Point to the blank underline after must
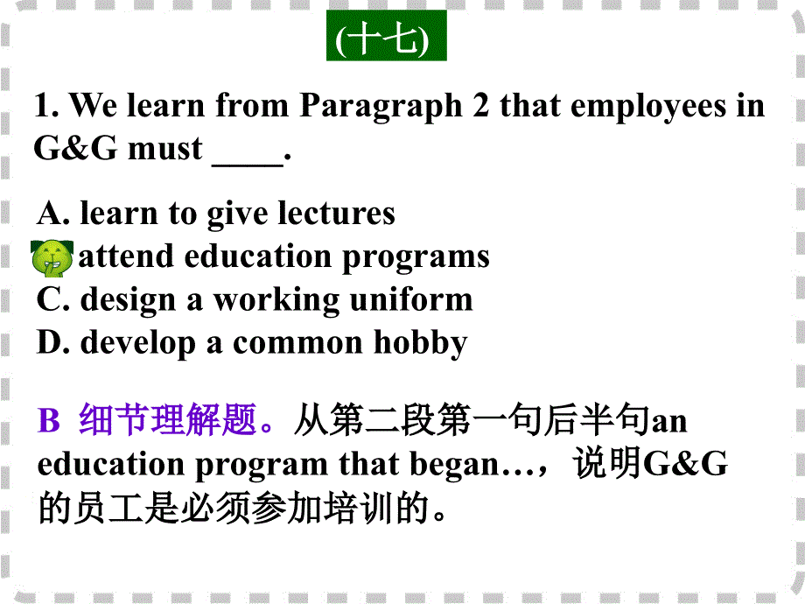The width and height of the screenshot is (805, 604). pyautogui.click(x=248, y=151)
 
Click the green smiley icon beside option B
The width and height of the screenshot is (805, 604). pyautogui.click(x=52, y=258)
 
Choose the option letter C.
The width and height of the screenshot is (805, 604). pyautogui.click(x=51, y=299)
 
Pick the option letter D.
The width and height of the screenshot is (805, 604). pyautogui.click(x=51, y=342)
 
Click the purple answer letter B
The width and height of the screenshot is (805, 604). pyautogui.click(x=48, y=422)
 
